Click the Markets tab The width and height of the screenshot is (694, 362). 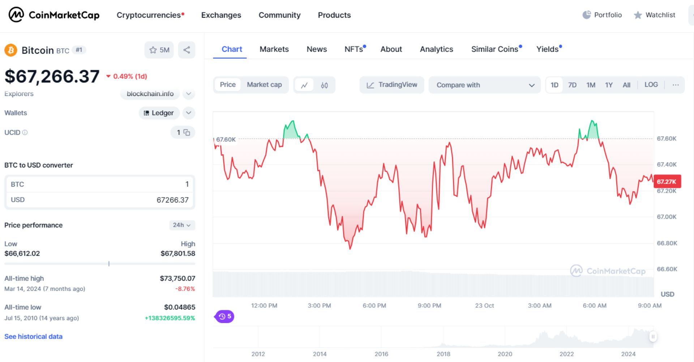[274, 49]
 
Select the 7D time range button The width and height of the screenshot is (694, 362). [572, 85]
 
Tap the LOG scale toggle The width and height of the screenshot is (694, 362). [651, 85]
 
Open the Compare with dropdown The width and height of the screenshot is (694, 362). [484, 85]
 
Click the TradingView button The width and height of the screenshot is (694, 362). [392, 85]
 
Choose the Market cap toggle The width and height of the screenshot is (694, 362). [264, 85]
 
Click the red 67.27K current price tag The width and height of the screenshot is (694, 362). [667, 182]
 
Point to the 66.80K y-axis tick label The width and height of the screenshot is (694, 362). [667, 243]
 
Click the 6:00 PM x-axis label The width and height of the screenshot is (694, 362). [374, 306]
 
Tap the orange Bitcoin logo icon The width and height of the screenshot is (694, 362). [11, 50]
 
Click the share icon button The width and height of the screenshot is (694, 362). [187, 50]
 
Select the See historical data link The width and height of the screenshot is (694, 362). [33, 337]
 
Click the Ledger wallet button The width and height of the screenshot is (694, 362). [159, 113]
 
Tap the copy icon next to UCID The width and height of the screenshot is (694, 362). [187, 132]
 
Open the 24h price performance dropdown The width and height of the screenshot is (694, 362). [182, 225]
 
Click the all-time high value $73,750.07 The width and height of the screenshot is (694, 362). [177, 278]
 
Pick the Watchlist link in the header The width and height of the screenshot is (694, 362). [655, 15]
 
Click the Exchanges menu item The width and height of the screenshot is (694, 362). [221, 15]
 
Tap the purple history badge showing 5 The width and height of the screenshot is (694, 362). [224, 316]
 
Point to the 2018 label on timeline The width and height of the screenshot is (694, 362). [443, 354]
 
